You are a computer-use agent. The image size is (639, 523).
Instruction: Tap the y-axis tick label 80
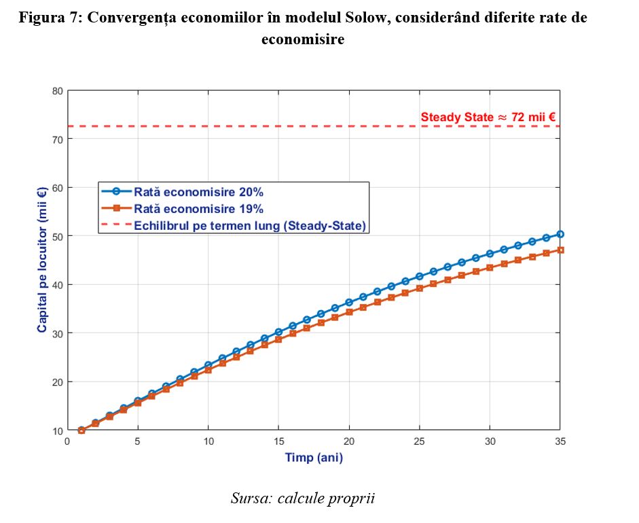(x=58, y=90)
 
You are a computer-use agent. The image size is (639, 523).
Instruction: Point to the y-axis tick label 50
(x=58, y=236)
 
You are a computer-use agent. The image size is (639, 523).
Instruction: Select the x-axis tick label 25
(x=420, y=441)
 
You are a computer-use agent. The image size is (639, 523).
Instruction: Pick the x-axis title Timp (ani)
(x=314, y=458)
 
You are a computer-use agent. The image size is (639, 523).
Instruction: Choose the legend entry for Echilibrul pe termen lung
(x=250, y=225)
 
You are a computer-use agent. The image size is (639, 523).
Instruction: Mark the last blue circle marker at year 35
(x=560, y=234)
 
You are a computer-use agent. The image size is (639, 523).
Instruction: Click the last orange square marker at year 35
(x=560, y=250)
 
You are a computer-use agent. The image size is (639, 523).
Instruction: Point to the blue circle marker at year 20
(x=349, y=302)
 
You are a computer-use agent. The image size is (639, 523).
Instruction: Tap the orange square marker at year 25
(x=420, y=288)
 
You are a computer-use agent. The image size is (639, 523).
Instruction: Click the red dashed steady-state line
(x=272, y=126)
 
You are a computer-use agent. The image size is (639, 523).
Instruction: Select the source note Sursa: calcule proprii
(x=303, y=499)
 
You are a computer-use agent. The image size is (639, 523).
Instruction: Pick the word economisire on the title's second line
(x=303, y=39)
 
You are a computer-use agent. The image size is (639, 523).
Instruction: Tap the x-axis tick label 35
(x=560, y=441)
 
